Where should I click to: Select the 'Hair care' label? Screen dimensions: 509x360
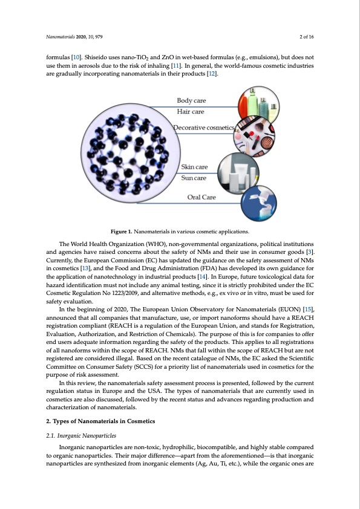coord(190,112)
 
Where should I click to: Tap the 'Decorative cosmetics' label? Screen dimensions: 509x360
coord(203,128)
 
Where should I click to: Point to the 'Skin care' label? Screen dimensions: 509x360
coord(194,166)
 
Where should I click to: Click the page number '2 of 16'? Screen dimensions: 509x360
coord(306,37)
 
